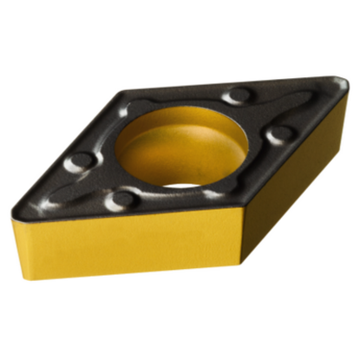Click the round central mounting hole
pyautogui.click(x=181, y=147)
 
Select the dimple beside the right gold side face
pyautogui.click(x=279, y=135)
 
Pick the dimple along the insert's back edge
pyautogui.click(x=235, y=95)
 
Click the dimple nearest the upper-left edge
pyautogui.click(x=79, y=161)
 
